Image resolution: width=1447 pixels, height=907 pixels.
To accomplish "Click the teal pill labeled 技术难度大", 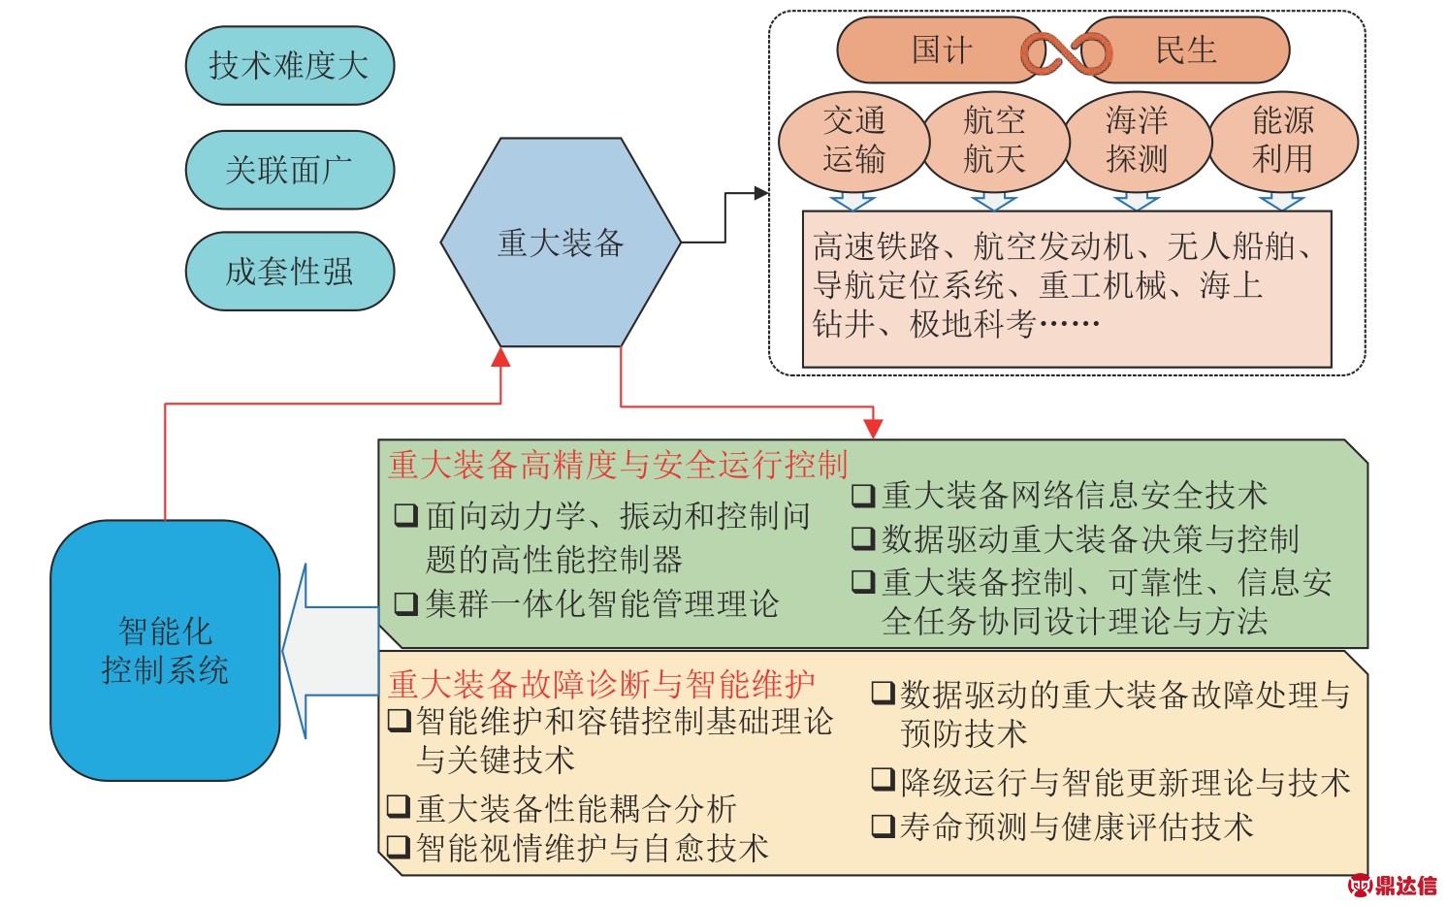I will coord(289,66).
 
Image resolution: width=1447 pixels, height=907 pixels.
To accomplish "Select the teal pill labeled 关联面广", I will coord(289,170).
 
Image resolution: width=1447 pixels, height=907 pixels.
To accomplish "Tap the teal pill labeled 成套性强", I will coord(289,271).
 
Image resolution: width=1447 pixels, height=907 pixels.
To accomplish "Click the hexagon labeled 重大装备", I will coord(561,243).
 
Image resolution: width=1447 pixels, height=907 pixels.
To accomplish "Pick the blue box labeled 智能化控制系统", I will coord(165,651).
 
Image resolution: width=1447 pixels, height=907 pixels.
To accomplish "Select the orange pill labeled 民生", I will coord(1188,50).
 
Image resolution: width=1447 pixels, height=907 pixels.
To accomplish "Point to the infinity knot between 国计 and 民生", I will coord(1067,52).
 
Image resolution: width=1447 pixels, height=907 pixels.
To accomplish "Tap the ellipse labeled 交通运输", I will coord(853,140).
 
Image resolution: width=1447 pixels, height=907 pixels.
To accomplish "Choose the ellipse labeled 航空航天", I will coord(995,140).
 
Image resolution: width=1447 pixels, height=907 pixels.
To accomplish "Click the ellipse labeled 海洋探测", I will coord(1137,140).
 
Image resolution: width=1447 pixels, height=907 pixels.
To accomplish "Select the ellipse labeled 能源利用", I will coord(1282,140).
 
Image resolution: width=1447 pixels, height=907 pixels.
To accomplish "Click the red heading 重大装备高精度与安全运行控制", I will coord(618,465).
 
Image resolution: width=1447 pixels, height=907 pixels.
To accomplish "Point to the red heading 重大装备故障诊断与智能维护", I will coord(601,684).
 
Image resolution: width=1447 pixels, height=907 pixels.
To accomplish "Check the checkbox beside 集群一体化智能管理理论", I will coord(405,604).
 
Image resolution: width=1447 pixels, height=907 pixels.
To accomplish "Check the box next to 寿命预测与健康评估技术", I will coord(883,826).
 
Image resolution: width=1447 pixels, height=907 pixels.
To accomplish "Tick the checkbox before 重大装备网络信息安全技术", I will coord(862,496).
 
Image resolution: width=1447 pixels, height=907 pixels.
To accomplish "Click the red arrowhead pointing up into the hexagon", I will coord(500,357).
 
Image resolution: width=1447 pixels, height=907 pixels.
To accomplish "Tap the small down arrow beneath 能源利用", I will coord(1281,201).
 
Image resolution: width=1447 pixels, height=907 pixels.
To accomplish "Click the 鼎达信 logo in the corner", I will coord(1393,885).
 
